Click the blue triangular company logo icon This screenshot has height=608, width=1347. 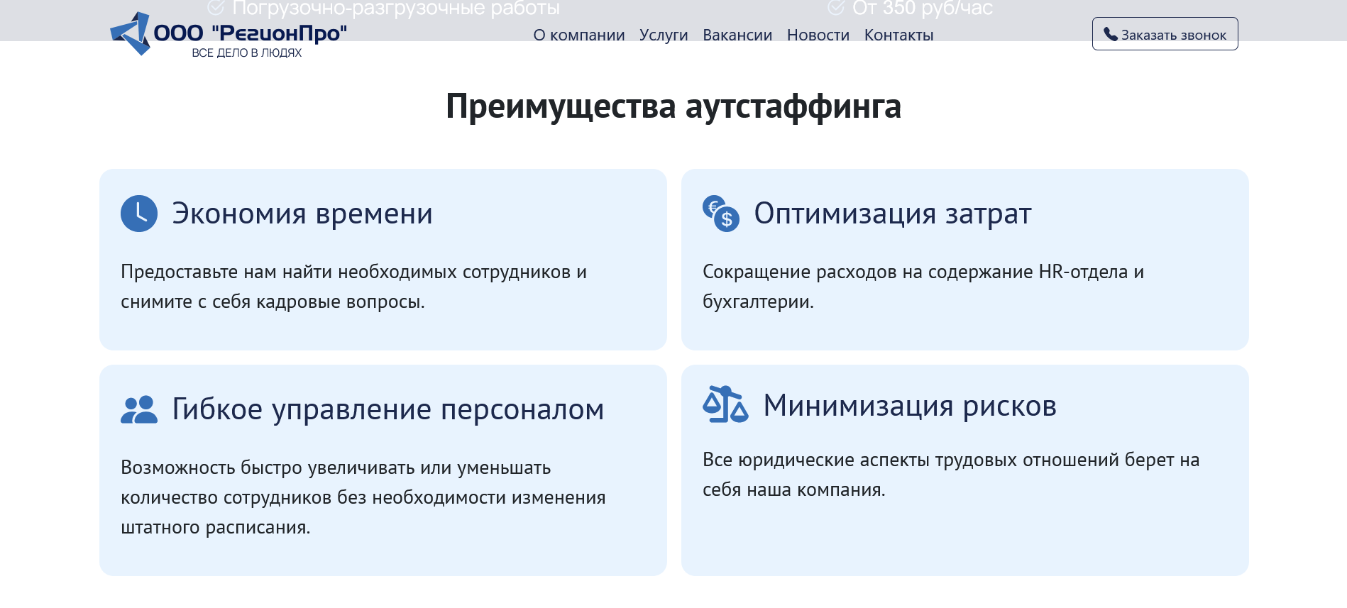131,33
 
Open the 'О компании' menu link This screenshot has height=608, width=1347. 579,35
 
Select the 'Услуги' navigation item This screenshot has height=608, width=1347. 664,35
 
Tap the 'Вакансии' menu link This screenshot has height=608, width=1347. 737,35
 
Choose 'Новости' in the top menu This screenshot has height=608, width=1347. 818,35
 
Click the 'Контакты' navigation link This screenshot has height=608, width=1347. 899,35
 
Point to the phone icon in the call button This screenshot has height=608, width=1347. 1111,34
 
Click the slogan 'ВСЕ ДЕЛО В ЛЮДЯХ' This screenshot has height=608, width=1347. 247,53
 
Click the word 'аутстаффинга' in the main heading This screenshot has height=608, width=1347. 793,106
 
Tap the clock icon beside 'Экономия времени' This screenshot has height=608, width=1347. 139,214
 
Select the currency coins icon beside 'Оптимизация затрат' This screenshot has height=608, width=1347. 721,214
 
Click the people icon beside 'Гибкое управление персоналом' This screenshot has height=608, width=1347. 139,409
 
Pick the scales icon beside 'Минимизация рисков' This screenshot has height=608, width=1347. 725,404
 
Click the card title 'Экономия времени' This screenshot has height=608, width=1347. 302,214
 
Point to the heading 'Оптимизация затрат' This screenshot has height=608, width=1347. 893,214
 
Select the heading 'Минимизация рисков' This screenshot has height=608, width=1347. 910,406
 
